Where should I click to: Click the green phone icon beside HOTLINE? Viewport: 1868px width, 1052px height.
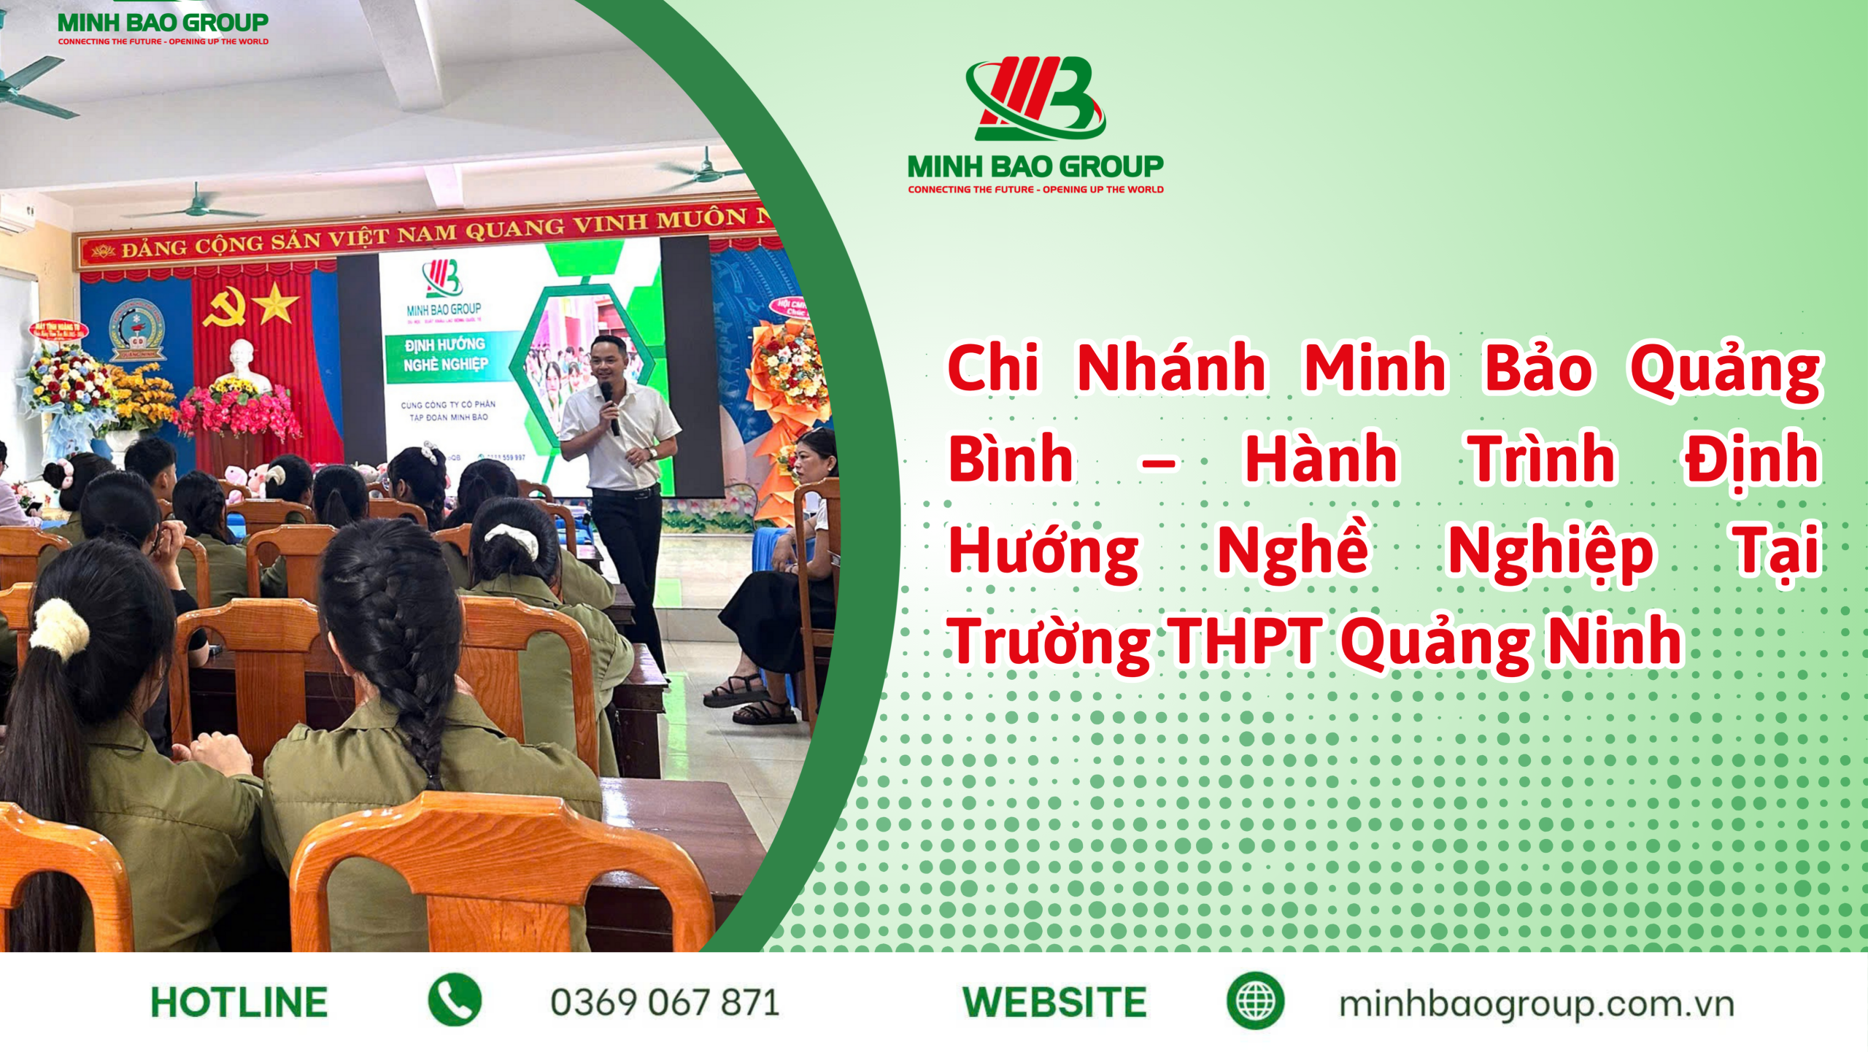pyautogui.click(x=455, y=1000)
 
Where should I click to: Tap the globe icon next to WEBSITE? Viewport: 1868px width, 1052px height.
pyautogui.click(x=1255, y=1001)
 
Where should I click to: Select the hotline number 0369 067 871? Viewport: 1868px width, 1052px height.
pyautogui.click(x=665, y=1002)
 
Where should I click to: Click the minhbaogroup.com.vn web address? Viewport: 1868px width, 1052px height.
pyautogui.click(x=1536, y=1004)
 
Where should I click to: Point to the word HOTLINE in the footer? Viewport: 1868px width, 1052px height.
pyautogui.click(x=239, y=1002)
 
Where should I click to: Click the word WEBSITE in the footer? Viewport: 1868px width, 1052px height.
pyautogui.click(x=1054, y=1002)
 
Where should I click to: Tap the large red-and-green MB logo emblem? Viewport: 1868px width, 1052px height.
pyautogui.click(x=1035, y=98)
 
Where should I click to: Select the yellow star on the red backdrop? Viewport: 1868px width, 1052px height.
pyautogui.click(x=276, y=303)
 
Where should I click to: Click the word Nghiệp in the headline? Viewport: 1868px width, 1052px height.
pyautogui.click(x=1550, y=551)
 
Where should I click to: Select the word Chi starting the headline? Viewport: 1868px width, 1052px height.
pyautogui.click(x=993, y=368)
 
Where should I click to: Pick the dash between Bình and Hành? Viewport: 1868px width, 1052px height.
pyautogui.click(x=1158, y=463)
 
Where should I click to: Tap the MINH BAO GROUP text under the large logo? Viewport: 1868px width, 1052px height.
pyautogui.click(x=1035, y=166)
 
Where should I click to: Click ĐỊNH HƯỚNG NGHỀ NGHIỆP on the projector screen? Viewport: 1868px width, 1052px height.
pyautogui.click(x=445, y=354)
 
